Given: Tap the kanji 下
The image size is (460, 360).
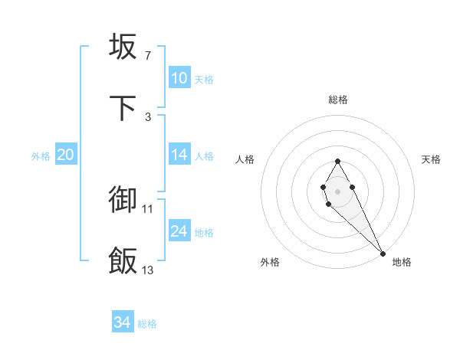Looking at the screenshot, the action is tap(123, 108).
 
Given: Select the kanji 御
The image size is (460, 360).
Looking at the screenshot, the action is tap(123, 199).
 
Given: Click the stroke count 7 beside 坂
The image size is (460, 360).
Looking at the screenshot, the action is tap(147, 55).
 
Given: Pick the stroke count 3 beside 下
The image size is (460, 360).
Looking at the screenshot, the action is tap(147, 116).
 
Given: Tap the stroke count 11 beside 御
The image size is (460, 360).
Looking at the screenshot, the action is tap(148, 208).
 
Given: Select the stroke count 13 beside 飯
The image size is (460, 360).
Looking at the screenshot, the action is tap(148, 270).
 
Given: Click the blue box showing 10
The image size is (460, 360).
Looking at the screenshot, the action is tap(179, 78).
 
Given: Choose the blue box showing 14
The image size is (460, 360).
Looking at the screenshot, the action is tap(179, 155).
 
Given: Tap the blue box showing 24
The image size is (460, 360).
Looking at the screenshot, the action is tap(179, 231).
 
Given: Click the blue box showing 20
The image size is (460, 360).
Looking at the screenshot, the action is tap(65, 155).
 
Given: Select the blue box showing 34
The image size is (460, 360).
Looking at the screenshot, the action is tap(122, 323).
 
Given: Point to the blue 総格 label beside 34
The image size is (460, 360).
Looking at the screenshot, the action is tap(147, 324).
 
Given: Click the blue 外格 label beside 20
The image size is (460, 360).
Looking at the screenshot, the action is tap(41, 155).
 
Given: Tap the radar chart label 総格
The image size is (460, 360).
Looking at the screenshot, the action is tap(337, 100).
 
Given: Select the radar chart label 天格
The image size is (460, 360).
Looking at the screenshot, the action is tap(431, 159).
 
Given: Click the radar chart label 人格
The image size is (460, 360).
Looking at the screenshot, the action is tap(245, 159).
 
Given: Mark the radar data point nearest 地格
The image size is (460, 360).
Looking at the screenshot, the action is tap(383, 254).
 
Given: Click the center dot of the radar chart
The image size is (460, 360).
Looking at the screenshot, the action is tap(337, 190).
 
